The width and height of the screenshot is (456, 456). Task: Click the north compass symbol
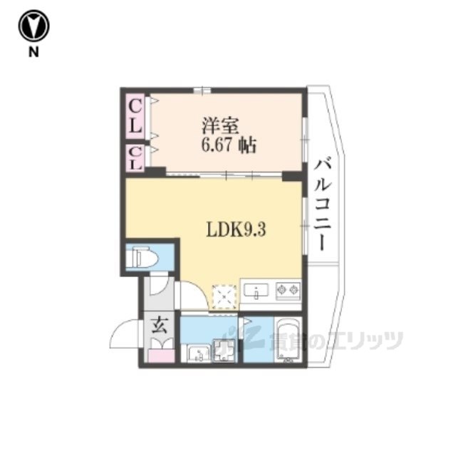(33, 26)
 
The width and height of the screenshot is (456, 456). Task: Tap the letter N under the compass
(33, 52)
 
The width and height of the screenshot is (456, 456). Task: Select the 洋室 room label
(220, 125)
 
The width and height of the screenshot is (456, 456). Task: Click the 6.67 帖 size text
(229, 145)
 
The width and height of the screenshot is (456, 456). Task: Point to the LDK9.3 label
(236, 229)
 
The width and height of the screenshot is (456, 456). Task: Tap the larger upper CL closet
(135, 116)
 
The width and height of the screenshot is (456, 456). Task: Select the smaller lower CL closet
(135, 158)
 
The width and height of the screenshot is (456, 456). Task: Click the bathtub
(288, 340)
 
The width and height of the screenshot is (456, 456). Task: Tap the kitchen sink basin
(256, 290)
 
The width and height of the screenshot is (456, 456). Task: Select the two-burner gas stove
(288, 290)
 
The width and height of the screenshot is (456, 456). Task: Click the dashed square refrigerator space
(224, 296)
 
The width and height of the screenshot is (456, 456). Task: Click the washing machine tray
(223, 351)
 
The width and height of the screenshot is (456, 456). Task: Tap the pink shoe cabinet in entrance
(161, 356)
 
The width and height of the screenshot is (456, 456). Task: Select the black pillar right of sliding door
(293, 176)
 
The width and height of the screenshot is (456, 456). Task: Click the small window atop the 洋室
(202, 90)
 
